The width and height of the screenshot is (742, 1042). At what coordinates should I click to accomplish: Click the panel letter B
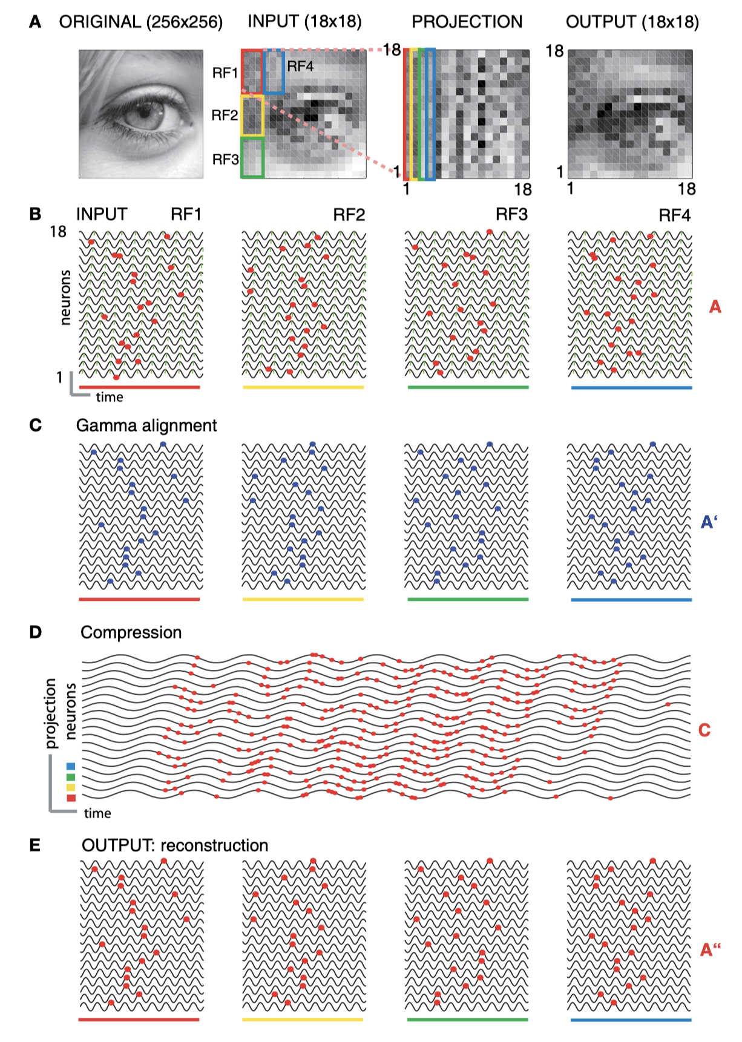click(x=35, y=214)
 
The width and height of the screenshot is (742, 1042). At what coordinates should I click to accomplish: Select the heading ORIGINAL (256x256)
click(x=140, y=22)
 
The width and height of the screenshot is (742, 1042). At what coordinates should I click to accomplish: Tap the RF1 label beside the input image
click(x=225, y=73)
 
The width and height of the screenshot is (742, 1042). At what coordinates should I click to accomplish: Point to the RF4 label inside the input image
click(x=300, y=66)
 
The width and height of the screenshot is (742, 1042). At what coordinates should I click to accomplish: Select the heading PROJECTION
click(x=467, y=22)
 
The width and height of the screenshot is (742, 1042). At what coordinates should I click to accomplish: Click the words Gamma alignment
click(x=146, y=425)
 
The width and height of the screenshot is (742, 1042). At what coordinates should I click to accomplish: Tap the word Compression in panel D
click(x=131, y=632)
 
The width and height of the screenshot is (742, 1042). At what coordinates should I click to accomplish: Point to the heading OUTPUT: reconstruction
click(x=175, y=845)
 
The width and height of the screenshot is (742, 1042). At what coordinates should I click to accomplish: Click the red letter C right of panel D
click(x=704, y=730)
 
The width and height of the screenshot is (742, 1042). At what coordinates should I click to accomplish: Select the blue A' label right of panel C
click(x=709, y=522)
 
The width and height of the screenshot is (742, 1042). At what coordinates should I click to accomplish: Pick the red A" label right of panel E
click(x=710, y=949)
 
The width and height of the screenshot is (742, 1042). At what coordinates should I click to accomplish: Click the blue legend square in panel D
click(x=71, y=766)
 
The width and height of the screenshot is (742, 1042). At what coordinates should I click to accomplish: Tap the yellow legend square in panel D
click(x=71, y=787)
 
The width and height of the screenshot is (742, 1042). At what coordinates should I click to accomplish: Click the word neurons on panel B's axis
click(x=65, y=297)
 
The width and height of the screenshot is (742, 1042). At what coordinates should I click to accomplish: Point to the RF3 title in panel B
click(x=511, y=215)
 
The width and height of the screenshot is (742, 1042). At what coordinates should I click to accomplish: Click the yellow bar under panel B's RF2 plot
click(x=303, y=387)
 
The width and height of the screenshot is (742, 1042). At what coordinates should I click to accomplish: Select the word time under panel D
click(x=97, y=813)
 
